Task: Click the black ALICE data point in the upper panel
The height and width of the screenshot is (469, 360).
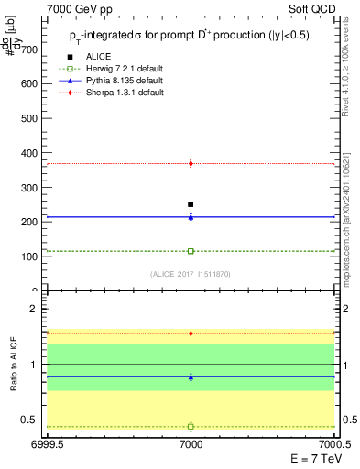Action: [x=191, y=204]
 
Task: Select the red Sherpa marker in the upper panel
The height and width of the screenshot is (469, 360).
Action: [x=191, y=163]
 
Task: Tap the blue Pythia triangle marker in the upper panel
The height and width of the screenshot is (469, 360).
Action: [x=191, y=217]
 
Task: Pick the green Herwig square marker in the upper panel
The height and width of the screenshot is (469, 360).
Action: [x=191, y=251]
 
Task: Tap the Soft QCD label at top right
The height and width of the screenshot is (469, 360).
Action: [x=312, y=8]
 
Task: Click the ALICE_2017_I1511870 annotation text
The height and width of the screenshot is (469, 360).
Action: [x=191, y=274]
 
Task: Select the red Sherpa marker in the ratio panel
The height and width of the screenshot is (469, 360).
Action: [x=191, y=333]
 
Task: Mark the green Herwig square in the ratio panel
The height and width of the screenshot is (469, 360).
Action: [x=191, y=426]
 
